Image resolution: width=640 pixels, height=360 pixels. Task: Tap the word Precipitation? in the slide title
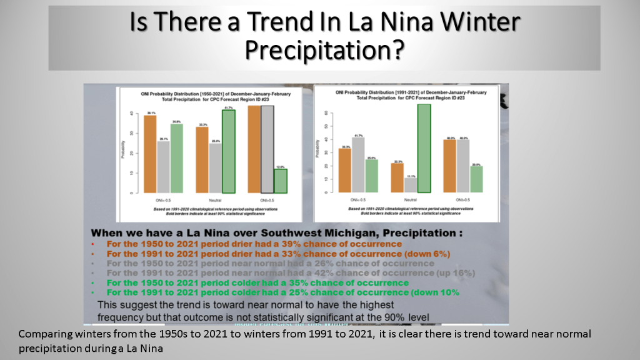[x=324, y=49]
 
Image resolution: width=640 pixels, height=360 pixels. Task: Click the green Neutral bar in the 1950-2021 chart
[x=228, y=151]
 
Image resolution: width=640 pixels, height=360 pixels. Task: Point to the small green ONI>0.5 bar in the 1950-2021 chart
[x=281, y=181]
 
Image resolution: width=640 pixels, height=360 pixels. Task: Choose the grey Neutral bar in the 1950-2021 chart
[x=215, y=168]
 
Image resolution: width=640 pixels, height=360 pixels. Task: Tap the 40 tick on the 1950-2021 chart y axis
[x=131, y=114]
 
